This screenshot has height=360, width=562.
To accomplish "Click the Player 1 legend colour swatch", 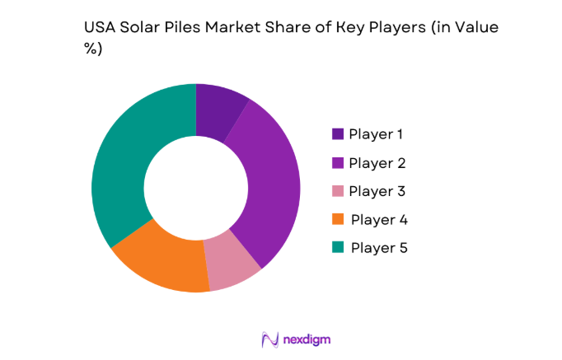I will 338,134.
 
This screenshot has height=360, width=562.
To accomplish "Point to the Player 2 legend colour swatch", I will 338,163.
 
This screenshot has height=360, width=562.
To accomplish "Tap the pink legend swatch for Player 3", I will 338,191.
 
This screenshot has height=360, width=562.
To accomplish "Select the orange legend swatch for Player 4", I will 338,220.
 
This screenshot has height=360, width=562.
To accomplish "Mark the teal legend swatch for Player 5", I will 338,248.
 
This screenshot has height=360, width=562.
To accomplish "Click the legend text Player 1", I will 377,134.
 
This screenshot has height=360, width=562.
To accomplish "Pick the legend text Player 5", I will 378,248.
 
